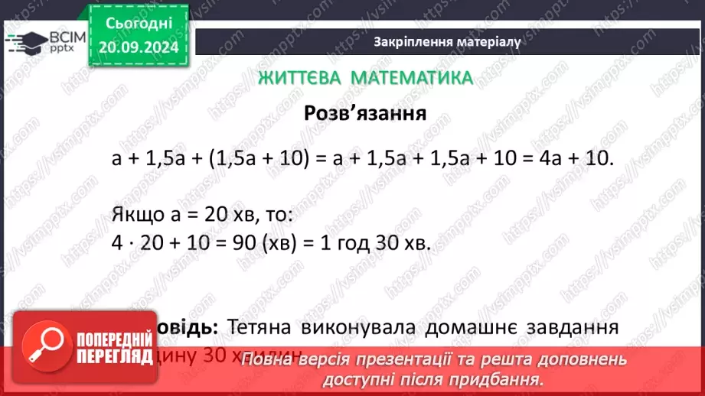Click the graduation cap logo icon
tap(25, 41)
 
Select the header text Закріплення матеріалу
tap(448, 42)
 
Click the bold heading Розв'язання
tap(364, 114)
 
